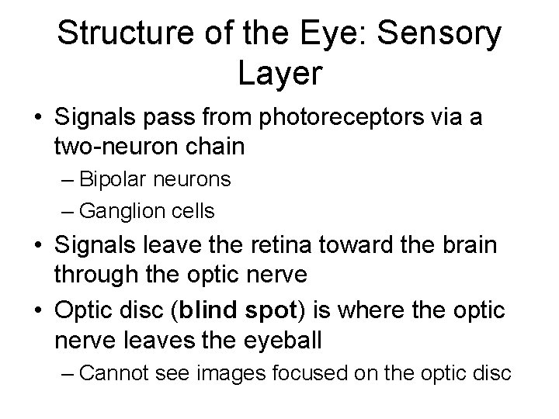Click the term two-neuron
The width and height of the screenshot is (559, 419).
point(113,146)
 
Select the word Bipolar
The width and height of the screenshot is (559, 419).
point(114,179)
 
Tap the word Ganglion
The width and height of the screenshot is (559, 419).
point(121,210)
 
